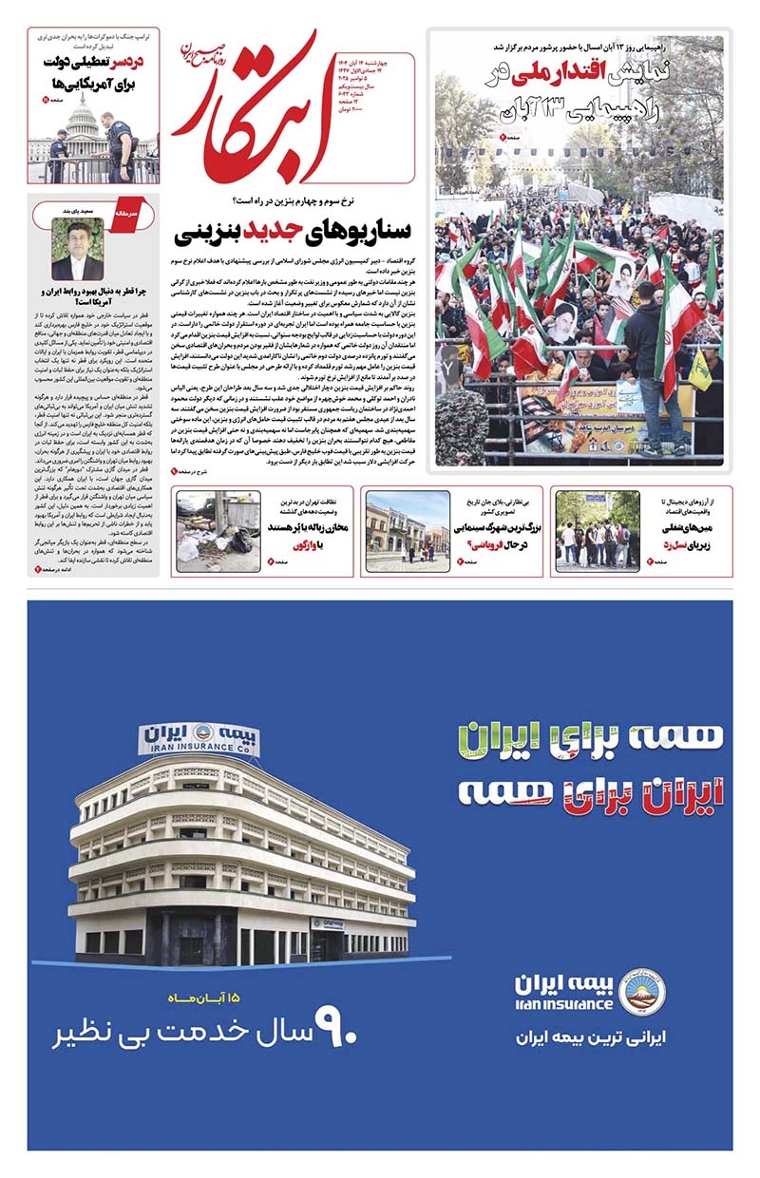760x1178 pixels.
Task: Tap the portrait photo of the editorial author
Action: (78, 250)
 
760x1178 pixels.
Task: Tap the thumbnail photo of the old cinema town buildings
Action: (407, 532)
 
